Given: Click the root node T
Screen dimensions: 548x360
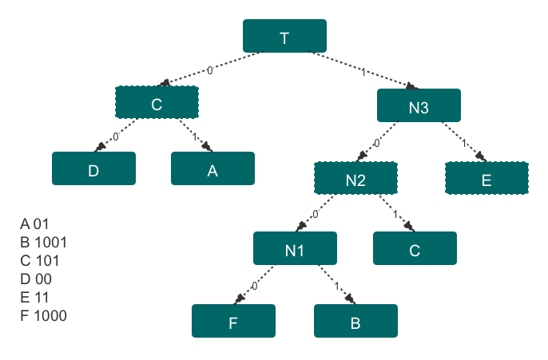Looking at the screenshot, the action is coord(284,36).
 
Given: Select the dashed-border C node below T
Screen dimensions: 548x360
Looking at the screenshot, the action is coord(157,102).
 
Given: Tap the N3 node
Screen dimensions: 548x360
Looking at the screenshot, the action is coord(419,105).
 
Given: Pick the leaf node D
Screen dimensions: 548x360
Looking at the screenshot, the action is coord(93,168).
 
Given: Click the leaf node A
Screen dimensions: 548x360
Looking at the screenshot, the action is coord(212,168).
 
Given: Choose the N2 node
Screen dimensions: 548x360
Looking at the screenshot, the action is coord(355,178).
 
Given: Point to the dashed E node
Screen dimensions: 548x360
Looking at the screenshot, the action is coord(486,178).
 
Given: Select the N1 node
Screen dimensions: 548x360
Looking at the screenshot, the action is coord(295,248).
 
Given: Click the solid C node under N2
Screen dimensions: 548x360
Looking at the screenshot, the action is coord(415,248).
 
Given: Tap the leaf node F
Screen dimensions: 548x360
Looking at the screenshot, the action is coord(233,321).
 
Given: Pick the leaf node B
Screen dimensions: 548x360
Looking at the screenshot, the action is coord(355,321).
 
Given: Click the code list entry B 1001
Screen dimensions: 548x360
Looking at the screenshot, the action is coord(43,243).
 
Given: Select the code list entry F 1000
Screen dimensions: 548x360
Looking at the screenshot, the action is coord(43,315).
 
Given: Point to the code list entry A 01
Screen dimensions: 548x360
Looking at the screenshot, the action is coord(34,224).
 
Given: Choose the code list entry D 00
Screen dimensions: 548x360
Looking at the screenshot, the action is coord(36,279).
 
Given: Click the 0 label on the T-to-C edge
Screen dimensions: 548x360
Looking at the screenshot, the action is coord(209,70).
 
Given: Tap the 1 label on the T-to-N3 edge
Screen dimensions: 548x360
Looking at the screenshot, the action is coord(363,73).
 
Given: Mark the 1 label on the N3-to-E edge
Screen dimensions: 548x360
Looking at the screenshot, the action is coord(464,143).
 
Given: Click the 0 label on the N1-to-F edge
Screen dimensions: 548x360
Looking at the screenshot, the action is coord(254,286).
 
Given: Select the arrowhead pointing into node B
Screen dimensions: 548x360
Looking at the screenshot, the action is coord(350,299).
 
